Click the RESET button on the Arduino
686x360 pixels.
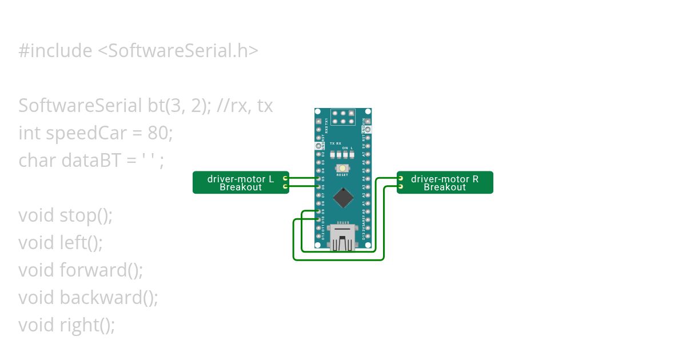[x=342, y=168]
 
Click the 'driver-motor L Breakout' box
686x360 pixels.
[x=240, y=182]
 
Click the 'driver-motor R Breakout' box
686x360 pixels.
[x=445, y=182]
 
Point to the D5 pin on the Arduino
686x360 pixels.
[x=318, y=178]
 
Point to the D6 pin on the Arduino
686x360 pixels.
[x=318, y=186]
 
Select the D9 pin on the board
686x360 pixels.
[x=318, y=211]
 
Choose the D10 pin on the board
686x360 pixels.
[x=318, y=219]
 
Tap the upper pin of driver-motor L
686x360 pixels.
[x=285, y=178]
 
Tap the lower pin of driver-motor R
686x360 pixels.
[x=401, y=186]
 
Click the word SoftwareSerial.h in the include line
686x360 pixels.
[x=178, y=51]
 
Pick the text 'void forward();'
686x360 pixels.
[x=81, y=270]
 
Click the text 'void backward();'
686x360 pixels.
[x=88, y=297]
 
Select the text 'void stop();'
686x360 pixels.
[x=66, y=215]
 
